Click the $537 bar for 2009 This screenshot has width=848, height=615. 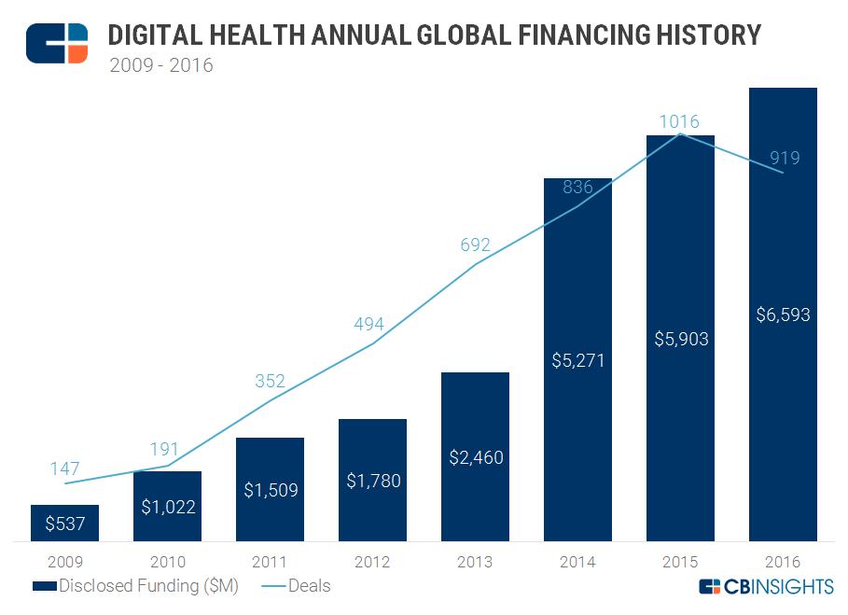coord(64,523)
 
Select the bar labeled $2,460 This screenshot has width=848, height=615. coord(475,456)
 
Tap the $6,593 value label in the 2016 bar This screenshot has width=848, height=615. coord(783,314)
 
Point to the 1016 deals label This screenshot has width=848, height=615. coord(679,121)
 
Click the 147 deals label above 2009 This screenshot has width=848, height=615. coord(64,468)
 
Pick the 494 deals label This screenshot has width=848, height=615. coord(368,325)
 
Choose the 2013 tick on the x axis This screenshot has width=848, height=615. coord(475,562)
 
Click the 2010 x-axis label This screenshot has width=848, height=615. coord(167,562)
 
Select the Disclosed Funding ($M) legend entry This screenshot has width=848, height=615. coord(135,586)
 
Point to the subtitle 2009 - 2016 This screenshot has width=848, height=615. coord(161,66)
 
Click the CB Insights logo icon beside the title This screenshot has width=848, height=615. coord(57,43)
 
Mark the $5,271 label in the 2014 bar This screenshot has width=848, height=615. coord(577,360)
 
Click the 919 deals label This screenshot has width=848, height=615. coord(783,158)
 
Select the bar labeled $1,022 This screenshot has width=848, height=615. coord(167,506)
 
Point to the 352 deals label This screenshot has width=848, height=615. coord(269,381)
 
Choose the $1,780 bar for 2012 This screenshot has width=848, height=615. coord(372,480)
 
